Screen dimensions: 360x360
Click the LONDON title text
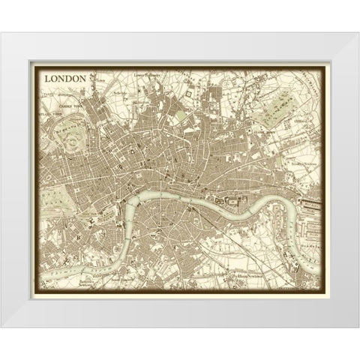click(67, 77)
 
